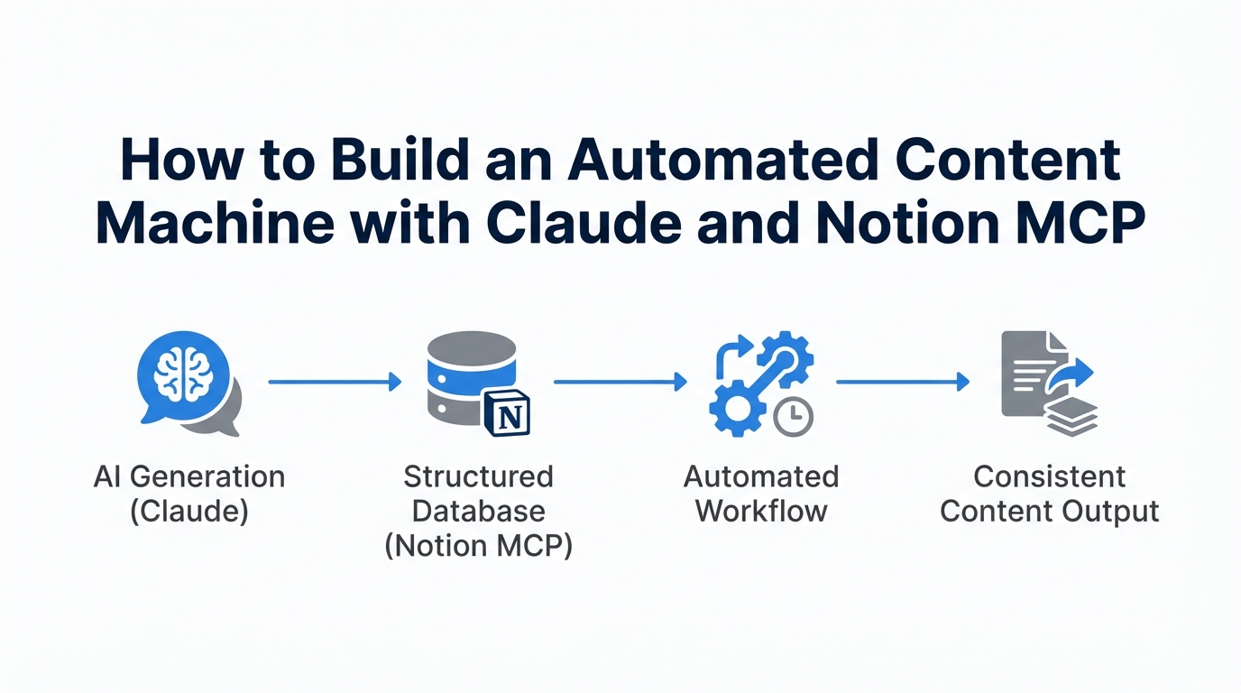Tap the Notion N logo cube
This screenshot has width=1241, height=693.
pos(507,414)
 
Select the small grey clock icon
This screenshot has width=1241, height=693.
pos(794,416)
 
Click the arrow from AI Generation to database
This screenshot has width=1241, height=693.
pos(334,383)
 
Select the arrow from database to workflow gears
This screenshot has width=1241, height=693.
pos(620,383)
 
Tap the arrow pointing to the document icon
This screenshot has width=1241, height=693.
pos(902,383)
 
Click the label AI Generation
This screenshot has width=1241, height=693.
pos(189,476)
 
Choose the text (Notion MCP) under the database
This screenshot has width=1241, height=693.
pos(478,546)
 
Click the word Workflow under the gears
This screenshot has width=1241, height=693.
pos(761,511)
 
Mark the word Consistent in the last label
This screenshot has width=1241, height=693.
pos(1050,476)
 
